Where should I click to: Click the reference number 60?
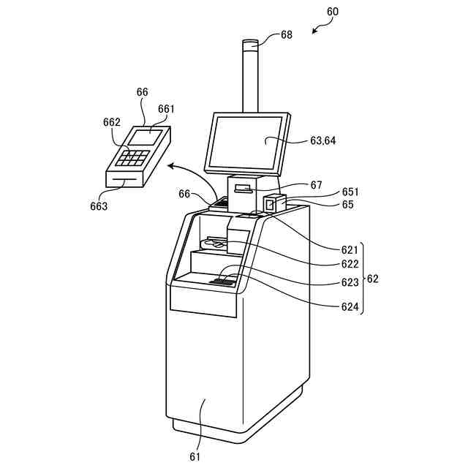pos(333,12)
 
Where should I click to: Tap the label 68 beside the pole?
pos(286,34)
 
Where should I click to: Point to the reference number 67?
pos(316,185)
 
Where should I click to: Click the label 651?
pos(350,192)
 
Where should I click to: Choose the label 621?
pos(350,249)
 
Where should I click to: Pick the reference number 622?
pos(350,264)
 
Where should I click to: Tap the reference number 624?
pos(350,307)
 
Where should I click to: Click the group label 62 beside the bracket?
pos(372,279)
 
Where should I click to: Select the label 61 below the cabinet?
pos(195,457)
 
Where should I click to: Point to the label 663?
pos(98,206)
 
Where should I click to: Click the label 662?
pos(112,123)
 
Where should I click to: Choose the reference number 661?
pos(166,109)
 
